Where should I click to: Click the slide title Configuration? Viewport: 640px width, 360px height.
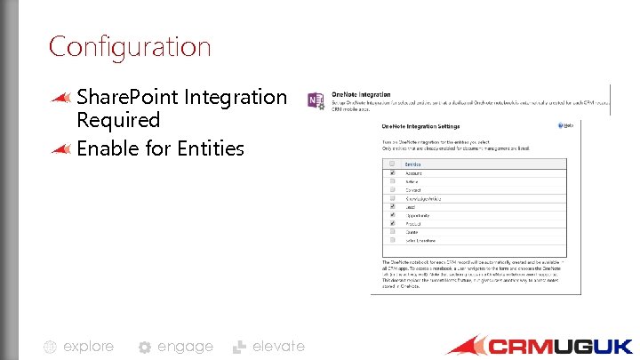click(x=130, y=46)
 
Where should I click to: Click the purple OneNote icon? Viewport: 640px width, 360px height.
click(x=316, y=100)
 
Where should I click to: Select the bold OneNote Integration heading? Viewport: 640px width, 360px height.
click(x=362, y=93)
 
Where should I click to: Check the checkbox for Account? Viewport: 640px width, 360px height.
click(x=393, y=172)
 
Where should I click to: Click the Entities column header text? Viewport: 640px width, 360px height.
click(x=413, y=164)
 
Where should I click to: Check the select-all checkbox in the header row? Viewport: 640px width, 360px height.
click(x=393, y=164)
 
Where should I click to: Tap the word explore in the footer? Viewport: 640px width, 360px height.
click(x=88, y=347)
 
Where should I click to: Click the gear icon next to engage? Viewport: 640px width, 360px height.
click(x=145, y=348)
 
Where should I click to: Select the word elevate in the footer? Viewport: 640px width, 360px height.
click(x=278, y=347)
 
